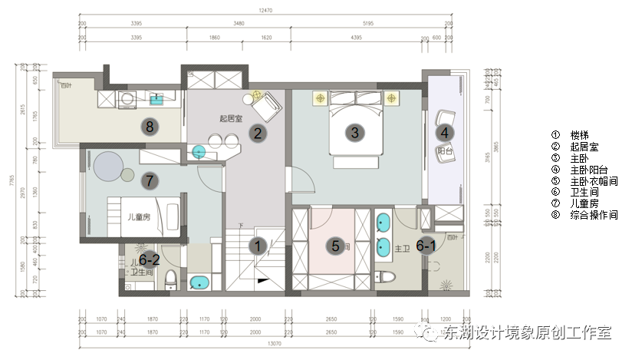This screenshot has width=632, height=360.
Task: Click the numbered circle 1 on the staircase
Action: pos(258,246)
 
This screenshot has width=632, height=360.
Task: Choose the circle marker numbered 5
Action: pos(335,246)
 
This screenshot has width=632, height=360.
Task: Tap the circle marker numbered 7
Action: pos(150,181)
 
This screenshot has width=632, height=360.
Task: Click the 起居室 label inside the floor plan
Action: pos(230,118)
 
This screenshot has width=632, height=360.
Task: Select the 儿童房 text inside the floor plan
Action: pos(139,217)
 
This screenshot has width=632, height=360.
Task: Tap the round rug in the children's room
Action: pos(111,166)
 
